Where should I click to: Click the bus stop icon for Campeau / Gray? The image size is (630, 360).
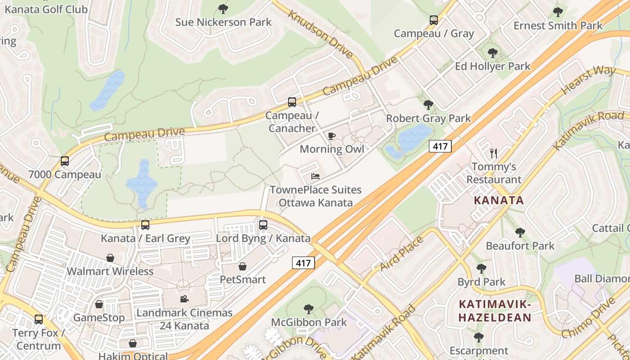pos(433,20)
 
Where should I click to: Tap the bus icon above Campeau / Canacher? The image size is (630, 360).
pos(292,102)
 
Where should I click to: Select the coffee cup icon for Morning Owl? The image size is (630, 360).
pos(332,136)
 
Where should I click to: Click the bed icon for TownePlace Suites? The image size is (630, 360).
pos(315,176)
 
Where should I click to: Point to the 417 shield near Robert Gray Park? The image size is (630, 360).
pos(440,146)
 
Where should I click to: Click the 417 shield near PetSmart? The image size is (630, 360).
pos(303,263)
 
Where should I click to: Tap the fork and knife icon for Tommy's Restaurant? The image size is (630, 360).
pos(494,153)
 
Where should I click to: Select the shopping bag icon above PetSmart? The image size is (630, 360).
pos(243,266)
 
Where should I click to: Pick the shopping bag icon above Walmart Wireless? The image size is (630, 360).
pos(110,258)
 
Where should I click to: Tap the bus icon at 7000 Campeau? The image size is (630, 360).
pos(65,161)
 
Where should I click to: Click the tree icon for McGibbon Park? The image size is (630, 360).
pos(309,309)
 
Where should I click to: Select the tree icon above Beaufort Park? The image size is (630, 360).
pos(520,233)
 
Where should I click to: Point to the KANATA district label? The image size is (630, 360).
pos(499,200)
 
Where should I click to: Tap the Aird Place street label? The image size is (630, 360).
pos(401,254)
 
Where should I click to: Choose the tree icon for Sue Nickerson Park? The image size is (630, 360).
pos(223,9)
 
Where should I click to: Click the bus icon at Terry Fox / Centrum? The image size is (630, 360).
pos(39,319)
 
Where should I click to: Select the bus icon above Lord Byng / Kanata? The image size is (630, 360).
pos(263,225)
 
